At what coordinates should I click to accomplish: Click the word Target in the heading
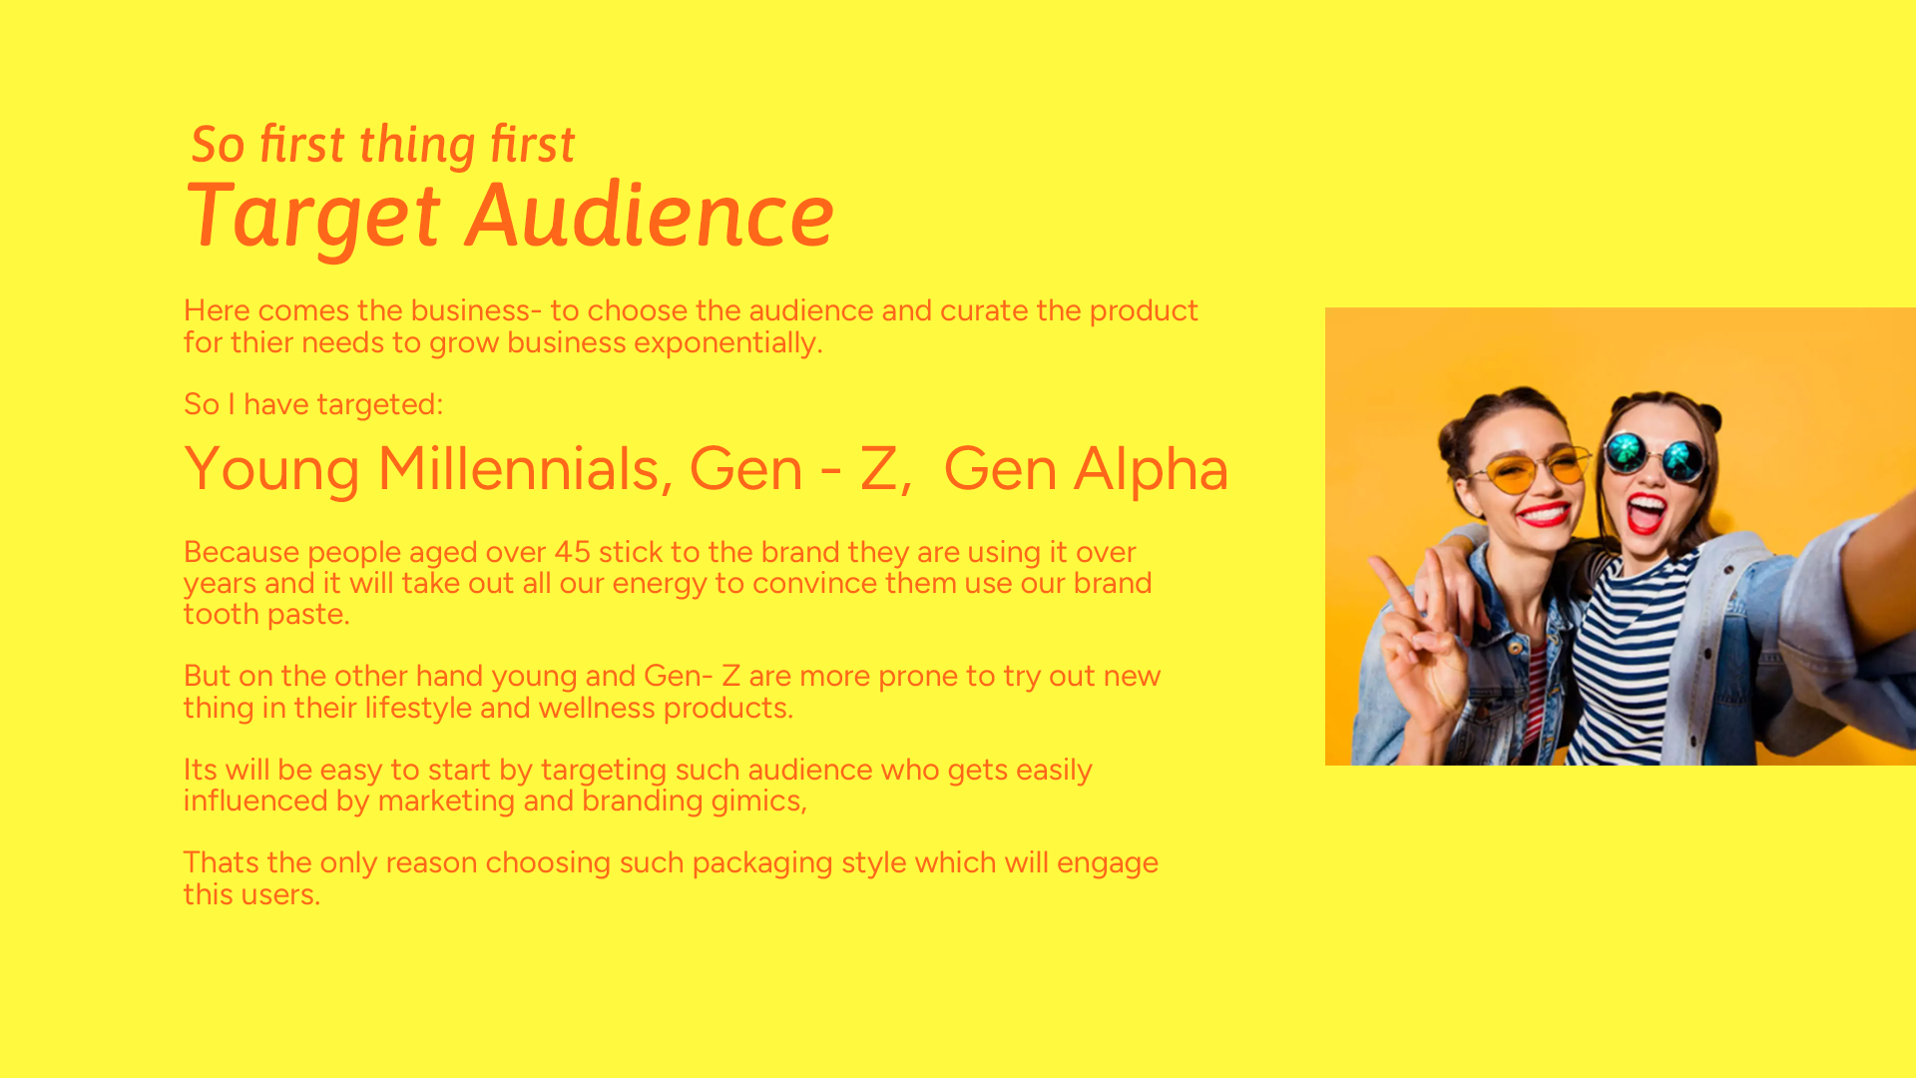tap(312, 217)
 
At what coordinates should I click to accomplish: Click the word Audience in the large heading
tap(651, 215)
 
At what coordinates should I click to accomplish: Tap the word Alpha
tap(1151, 469)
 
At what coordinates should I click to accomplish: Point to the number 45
tap(573, 552)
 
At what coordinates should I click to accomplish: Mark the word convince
tap(814, 583)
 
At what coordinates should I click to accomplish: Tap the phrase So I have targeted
tap(313, 404)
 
